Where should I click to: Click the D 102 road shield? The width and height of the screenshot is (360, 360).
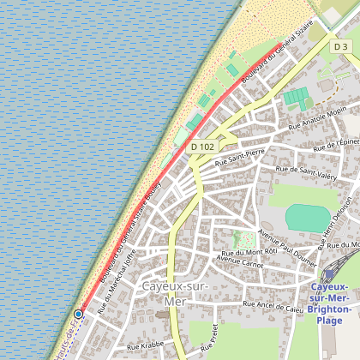click(201, 147)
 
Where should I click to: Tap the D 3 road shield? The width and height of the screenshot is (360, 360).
click(341, 46)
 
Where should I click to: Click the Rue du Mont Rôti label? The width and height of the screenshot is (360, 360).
click(249, 254)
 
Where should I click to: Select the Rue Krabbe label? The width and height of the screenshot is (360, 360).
click(143, 345)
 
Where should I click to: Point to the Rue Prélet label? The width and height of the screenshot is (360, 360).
click(206, 340)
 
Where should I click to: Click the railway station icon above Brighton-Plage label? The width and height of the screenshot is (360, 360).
click(327, 275)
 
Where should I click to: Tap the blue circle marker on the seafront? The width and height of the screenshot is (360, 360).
click(78, 315)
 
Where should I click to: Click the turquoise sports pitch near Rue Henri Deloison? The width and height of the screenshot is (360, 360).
click(306, 217)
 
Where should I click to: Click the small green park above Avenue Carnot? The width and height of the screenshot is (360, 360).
click(243, 239)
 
